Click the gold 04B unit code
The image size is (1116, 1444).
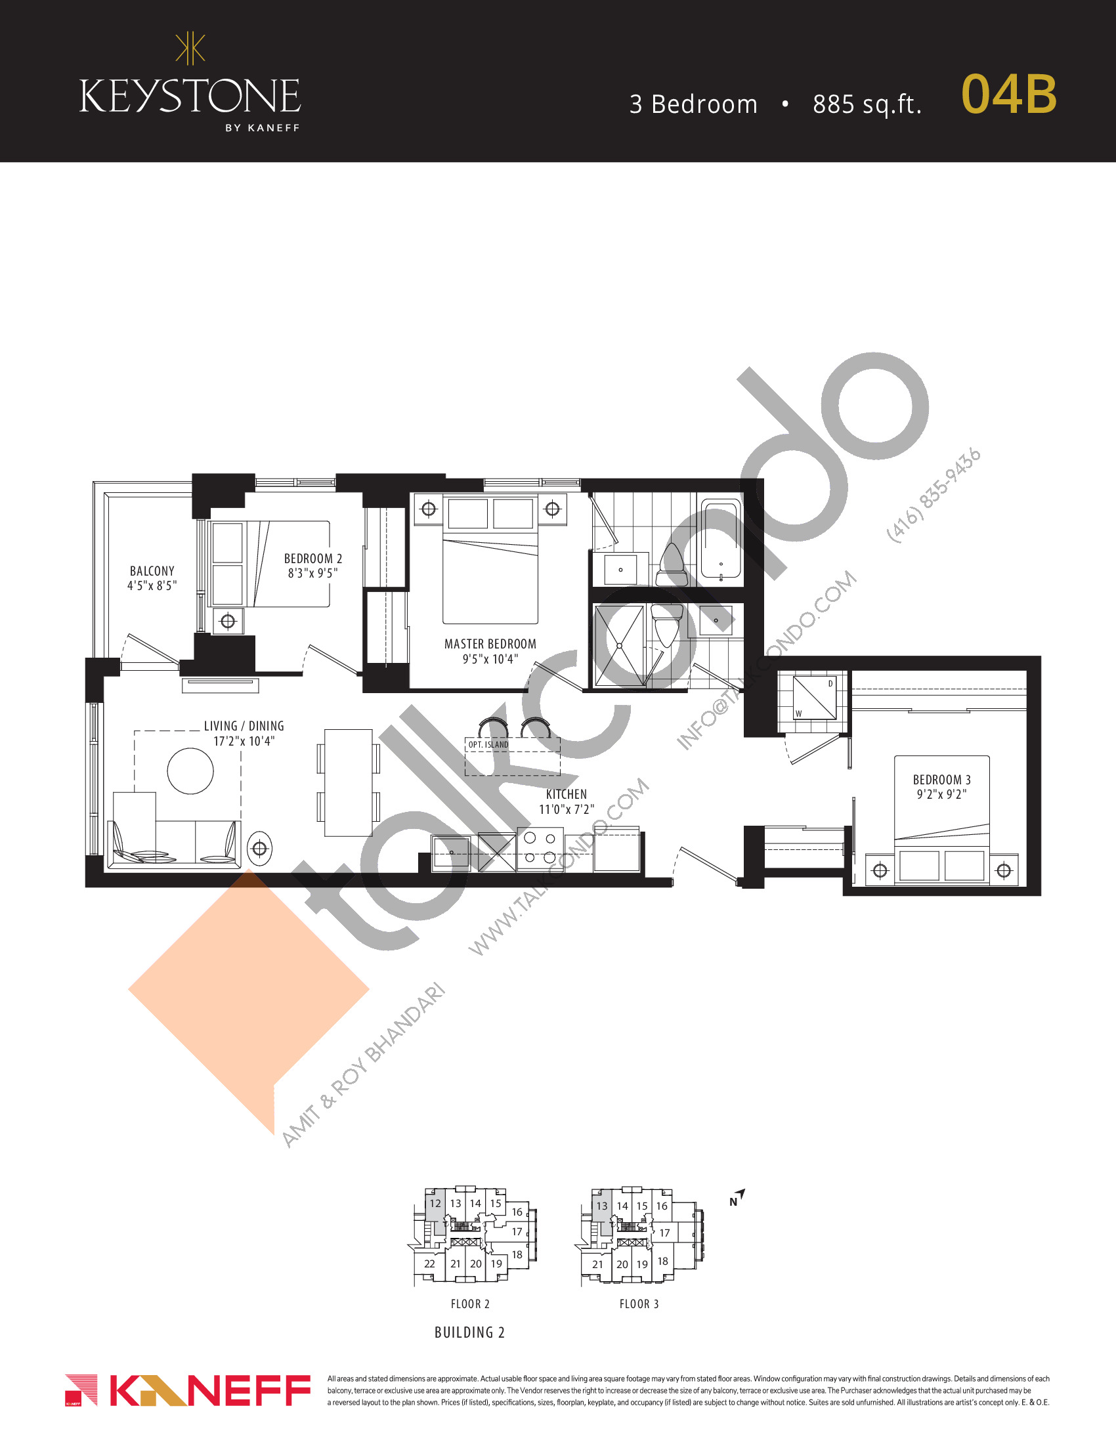point(1009,94)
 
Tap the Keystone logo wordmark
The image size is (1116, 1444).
point(190,96)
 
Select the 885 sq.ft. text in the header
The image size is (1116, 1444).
point(867,104)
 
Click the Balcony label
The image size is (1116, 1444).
point(152,570)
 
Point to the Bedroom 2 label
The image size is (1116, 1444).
point(312,559)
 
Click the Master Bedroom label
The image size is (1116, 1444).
point(490,644)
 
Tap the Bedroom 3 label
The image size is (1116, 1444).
point(941,780)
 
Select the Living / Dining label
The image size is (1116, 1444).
point(244,726)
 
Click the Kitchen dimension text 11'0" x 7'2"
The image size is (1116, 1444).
point(567,809)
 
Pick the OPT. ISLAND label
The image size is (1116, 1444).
point(488,744)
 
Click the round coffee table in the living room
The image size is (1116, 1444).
point(190,771)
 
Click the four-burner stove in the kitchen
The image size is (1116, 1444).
point(540,849)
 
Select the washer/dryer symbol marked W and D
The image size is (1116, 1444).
point(815,697)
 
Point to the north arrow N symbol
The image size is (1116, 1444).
point(737,1198)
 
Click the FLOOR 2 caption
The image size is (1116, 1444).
point(470,1304)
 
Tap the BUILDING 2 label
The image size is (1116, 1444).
point(469,1332)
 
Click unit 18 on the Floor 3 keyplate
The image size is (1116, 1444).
point(662,1261)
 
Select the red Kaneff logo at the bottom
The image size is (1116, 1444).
point(188,1390)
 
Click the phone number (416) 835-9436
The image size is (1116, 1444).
point(933,496)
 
